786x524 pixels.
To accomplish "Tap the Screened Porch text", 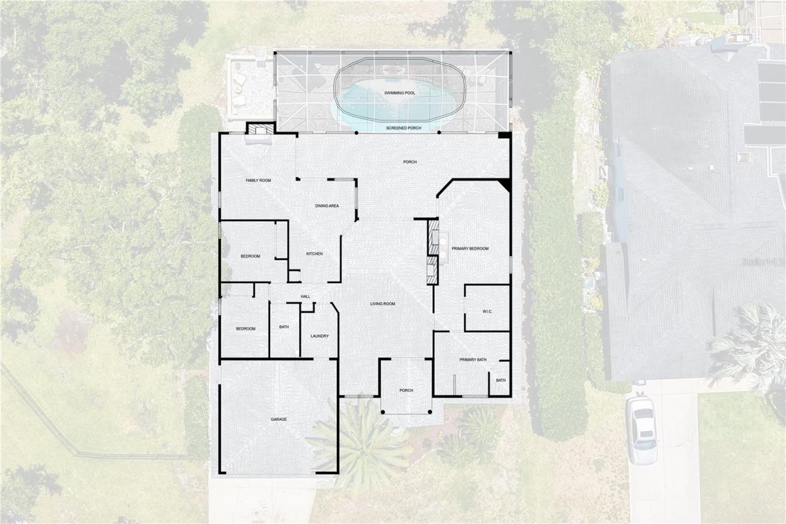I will coord(403,128).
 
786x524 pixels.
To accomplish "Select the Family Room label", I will coord(259,181).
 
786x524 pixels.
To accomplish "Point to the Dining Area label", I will coord(327,206).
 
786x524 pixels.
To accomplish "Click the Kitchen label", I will coord(314,254).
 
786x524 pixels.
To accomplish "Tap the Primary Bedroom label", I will coord(470,249).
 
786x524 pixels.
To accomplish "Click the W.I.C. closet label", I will coord(488,311).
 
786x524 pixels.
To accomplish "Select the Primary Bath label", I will coord(473,359).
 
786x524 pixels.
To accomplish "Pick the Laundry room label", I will coord(319,336).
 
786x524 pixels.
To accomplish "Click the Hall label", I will coord(305,297).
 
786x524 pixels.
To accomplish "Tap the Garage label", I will coord(279,420).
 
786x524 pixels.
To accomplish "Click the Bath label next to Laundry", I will coord(284,327).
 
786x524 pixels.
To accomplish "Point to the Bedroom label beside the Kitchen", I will coord(251,256).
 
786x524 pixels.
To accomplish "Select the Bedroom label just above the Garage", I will coord(246,329).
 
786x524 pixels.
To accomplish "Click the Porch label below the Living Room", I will coord(406,390).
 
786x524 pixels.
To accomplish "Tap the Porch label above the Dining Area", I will coord(410,162).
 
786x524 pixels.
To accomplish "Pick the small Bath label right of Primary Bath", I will coord(501,380).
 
